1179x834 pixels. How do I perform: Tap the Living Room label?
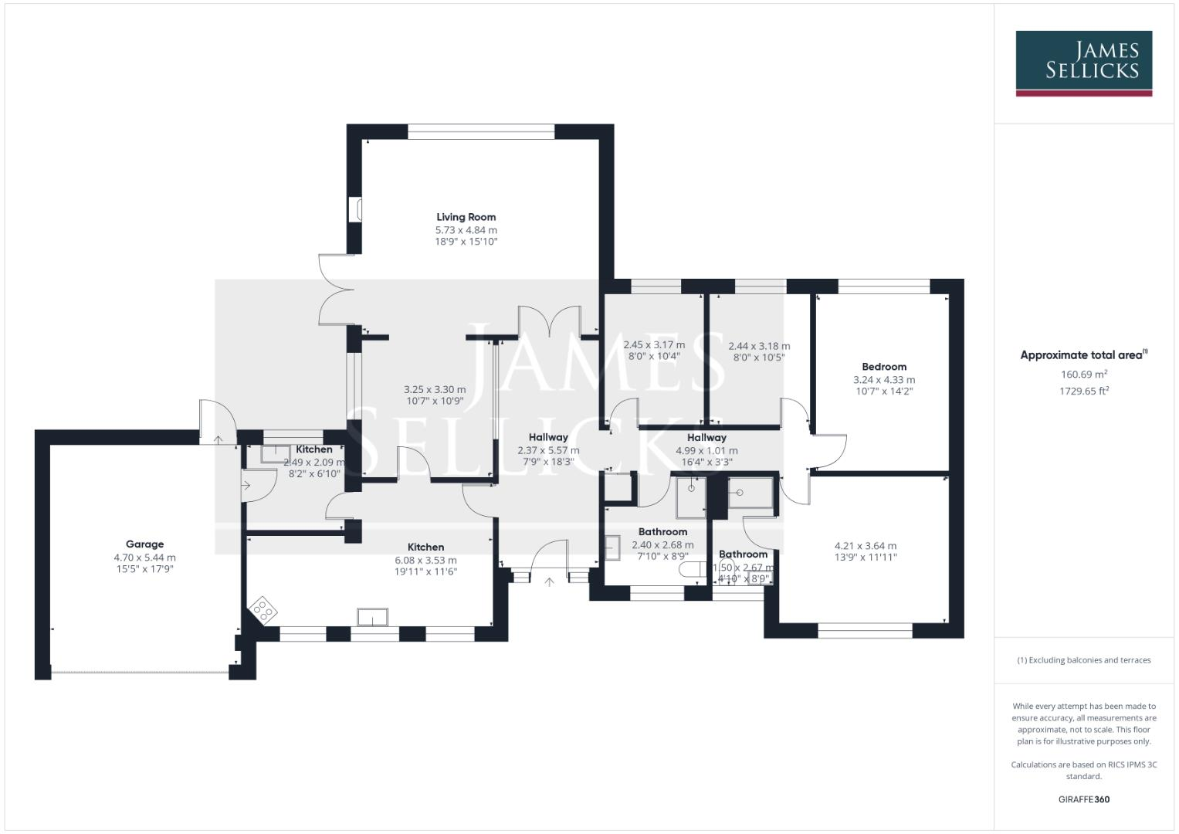click(x=466, y=217)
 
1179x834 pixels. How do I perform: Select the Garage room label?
click(x=144, y=544)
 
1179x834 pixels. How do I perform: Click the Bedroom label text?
click(x=884, y=367)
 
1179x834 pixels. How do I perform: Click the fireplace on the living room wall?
click(x=356, y=210)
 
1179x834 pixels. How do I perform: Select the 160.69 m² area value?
click(x=1084, y=375)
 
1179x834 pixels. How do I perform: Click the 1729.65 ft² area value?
click(x=1084, y=391)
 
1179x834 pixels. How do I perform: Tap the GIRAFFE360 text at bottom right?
click(x=1084, y=799)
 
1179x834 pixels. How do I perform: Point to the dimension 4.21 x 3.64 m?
click(x=865, y=545)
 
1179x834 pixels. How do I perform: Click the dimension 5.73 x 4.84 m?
click(x=466, y=230)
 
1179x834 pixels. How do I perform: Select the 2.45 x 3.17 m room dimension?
click(x=654, y=345)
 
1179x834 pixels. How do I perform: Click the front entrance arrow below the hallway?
click(x=550, y=581)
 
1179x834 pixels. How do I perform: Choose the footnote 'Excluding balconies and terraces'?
click(x=1084, y=660)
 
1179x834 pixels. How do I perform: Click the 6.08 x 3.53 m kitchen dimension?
click(x=425, y=560)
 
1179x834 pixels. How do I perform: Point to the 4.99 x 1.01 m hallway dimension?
click(x=706, y=450)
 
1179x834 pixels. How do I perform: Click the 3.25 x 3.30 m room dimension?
click(x=435, y=390)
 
